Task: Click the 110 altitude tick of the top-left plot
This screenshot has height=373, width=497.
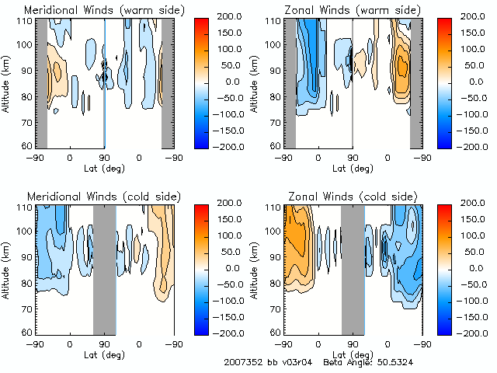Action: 26,21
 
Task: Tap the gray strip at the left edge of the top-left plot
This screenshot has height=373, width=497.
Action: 42,83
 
